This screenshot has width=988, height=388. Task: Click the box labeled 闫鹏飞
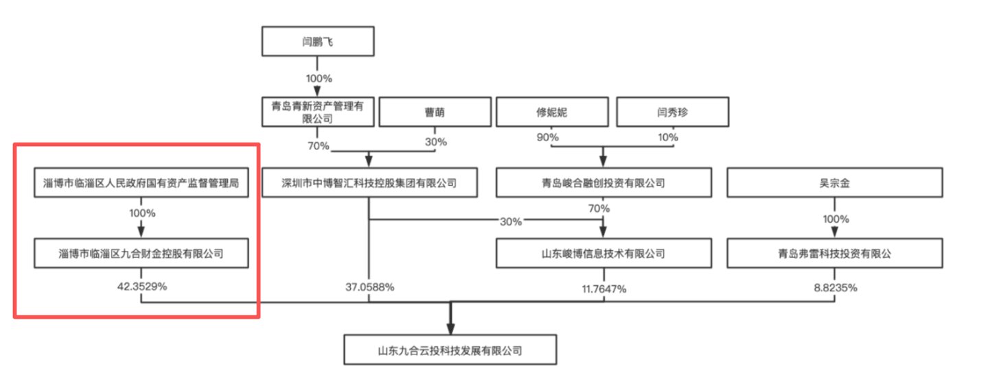(318, 41)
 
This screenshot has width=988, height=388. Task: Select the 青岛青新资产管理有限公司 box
(318, 112)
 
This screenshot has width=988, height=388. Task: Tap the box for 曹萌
(435, 112)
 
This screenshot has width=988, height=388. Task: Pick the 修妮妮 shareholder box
(552, 112)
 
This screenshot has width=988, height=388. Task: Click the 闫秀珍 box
(673, 112)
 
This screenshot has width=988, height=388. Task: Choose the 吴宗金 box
(835, 182)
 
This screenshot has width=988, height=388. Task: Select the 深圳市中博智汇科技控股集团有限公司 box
(369, 182)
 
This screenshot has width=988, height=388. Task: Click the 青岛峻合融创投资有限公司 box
(604, 182)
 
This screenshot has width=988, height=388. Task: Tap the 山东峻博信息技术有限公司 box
(604, 253)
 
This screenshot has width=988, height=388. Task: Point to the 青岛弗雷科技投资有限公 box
(835, 253)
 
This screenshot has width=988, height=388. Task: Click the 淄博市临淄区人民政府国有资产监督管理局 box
(141, 182)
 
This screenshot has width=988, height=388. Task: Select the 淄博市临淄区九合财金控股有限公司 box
(141, 253)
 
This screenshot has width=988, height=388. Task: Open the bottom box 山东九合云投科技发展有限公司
(450, 350)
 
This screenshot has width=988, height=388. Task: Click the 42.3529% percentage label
(142, 287)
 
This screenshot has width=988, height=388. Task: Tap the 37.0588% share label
(369, 287)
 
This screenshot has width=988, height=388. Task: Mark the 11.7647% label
(604, 289)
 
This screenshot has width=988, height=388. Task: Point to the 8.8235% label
(836, 288)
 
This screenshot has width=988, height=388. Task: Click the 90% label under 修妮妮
(547, 137)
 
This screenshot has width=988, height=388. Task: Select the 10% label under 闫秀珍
(668, 137)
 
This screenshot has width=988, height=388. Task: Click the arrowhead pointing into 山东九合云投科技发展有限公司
(450, 329)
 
